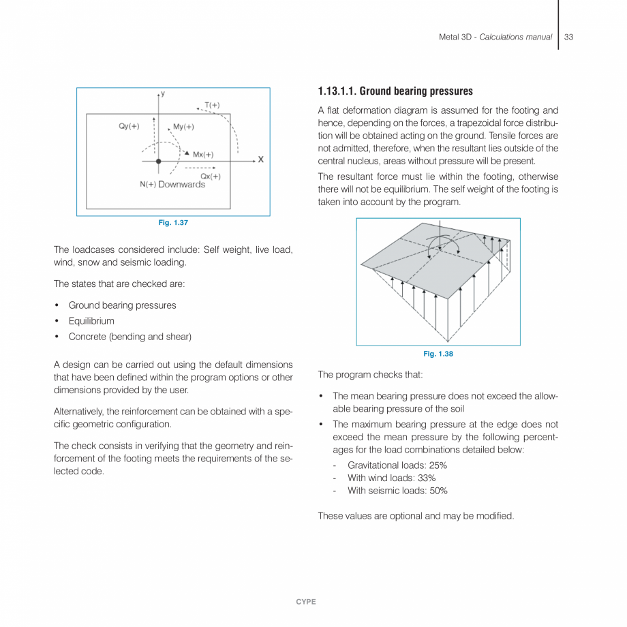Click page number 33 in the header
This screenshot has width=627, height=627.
[x=569, y=37]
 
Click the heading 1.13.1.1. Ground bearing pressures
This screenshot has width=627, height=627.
[x=395, y=91]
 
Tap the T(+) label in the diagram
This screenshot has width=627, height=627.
[x=212, y=105]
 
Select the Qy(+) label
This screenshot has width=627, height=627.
[x=129, y=126]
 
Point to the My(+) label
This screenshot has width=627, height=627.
[x=183, y=127]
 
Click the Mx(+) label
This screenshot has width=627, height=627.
[x=203, y=155]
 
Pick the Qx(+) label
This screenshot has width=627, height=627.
[x=210, y=177]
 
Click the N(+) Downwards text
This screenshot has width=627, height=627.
[x=172, y=185]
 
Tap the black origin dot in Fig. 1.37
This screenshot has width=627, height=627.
[x=158, y=162]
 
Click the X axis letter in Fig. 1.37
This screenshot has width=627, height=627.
[x=260, y=160]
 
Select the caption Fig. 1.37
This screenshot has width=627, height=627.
[x=173, y=224]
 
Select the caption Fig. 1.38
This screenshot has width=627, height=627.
[x=438, y=354]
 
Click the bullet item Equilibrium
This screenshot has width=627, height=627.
[x=91, y=321]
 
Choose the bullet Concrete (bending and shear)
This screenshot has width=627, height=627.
[x=129, y=337]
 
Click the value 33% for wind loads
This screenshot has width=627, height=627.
[x=427, y=478]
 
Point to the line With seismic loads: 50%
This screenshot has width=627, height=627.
[x=397, y=491]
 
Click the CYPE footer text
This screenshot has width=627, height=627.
[x=306, y=602]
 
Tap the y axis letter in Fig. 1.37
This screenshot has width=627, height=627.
[x=163, y=93]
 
